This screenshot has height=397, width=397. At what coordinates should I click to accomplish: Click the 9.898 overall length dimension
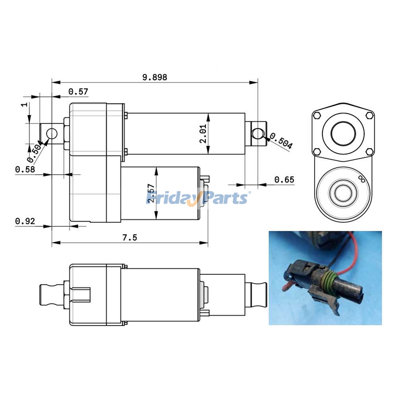[x=154, y=77]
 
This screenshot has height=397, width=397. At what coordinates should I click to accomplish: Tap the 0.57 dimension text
[x=78, y=91]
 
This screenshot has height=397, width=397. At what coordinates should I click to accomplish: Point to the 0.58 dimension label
[x=24, y=170]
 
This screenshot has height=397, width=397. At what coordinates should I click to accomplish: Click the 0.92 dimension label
[x=24, y=221]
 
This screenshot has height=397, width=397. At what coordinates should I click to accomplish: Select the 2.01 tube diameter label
[x=203, y=134]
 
